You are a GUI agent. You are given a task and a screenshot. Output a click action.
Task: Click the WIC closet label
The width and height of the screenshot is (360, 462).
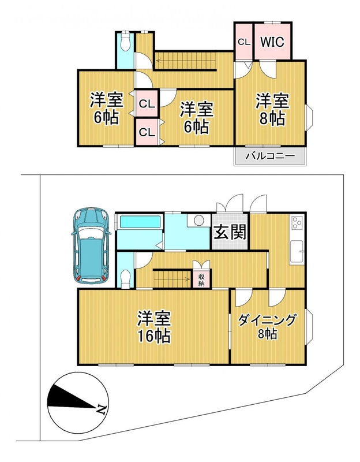272,42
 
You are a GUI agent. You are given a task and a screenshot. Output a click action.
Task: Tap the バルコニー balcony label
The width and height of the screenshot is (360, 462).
270,155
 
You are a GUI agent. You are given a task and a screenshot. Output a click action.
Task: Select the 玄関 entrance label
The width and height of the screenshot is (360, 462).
230,232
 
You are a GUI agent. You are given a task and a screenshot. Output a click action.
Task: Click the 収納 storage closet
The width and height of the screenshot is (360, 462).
202,280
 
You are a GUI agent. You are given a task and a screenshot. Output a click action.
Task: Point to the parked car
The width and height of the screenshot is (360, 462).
91,246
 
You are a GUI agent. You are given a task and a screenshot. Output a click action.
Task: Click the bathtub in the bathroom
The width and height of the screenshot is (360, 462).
140,222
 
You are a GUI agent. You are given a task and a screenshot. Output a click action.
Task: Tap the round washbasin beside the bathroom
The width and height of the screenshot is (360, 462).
199,220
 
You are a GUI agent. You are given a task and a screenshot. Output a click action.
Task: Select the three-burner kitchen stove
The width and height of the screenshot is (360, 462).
297,222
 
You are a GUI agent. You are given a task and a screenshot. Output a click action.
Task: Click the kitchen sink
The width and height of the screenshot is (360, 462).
297,251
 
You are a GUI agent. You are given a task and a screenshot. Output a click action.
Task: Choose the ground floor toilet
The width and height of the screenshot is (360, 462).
126,278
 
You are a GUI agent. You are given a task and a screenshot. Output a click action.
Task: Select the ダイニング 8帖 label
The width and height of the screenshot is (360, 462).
267,326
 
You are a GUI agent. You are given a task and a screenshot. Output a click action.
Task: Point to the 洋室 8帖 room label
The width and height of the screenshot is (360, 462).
272,110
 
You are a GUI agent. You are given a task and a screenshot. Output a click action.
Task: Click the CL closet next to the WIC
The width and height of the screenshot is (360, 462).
244,41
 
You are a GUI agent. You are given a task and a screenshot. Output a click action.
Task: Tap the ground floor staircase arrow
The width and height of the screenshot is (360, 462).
171,278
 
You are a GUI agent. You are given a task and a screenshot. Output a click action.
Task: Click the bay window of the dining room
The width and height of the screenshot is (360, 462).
308,326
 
